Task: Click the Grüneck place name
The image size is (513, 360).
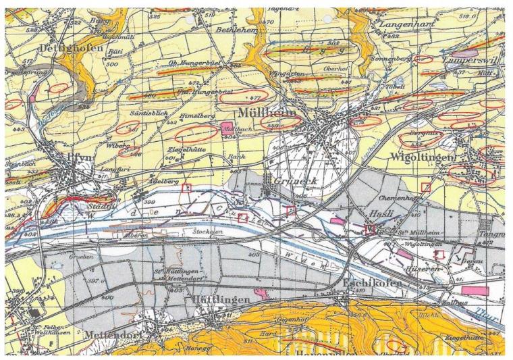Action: pos(295,181)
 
